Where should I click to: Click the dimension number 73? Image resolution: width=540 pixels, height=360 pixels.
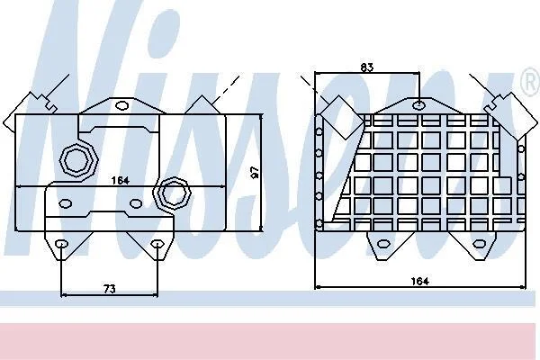point(109,289)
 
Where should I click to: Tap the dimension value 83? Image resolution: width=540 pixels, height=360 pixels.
point(367,67)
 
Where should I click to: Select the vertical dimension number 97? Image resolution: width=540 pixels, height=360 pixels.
point(255,172)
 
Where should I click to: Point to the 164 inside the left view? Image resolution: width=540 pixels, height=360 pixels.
point(121,180)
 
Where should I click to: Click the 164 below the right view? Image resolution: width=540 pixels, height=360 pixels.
point(419,281)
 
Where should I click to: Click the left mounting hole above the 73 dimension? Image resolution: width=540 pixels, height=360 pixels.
point(61,244)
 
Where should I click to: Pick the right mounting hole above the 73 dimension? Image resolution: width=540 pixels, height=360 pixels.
point(157,244)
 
